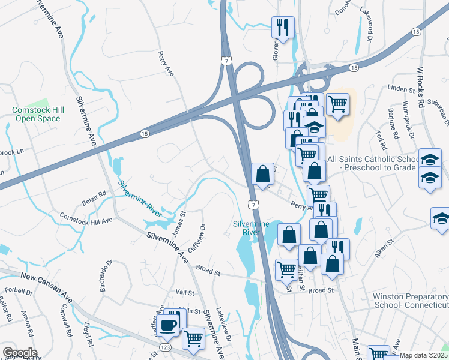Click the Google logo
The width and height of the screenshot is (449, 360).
click(20, 353)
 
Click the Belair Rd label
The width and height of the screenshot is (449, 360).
click(94, 194)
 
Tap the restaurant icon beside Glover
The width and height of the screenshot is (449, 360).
click(282, 27)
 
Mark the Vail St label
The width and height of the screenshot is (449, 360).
click(185, 293)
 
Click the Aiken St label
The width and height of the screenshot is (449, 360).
click(384, 248)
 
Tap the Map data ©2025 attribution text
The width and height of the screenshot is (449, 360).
click(424, 355)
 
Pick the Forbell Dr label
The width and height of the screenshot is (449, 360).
click(18, 293)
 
